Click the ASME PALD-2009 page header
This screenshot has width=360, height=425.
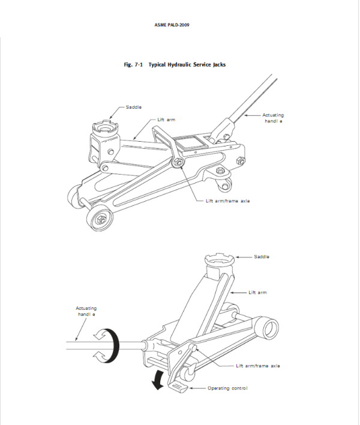[x=172, y=25]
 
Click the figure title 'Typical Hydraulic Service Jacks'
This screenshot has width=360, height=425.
[x=187, y=64]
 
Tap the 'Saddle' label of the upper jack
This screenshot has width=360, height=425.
[x=134, y=107]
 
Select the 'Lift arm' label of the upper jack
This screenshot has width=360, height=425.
[x=166, y=119]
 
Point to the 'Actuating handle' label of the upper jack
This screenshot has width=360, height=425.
[x=273, y=118]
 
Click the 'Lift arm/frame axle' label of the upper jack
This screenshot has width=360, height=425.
[x=228, y=201]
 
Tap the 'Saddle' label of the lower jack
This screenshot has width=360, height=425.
[x=262, y=256]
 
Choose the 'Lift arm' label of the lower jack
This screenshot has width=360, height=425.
[x=257, y=292]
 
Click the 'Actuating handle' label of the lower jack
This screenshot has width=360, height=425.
[x=86, y=311]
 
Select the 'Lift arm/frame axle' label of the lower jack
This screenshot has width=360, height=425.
[x=258, y=366]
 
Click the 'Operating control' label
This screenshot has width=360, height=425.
[x=227, y=388]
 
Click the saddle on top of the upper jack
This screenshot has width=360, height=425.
[x=106, y=127]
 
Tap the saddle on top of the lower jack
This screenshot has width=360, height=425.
[x=220, y=260]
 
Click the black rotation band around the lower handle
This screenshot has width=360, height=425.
[x=113, y=346]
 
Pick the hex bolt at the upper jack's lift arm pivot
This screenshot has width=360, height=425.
[x=178, y=162]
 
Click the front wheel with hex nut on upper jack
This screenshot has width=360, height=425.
[x=100, y=218]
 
